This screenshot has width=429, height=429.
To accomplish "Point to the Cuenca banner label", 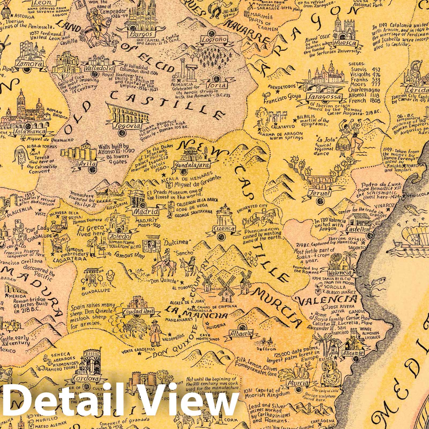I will [x=223, y=229].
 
